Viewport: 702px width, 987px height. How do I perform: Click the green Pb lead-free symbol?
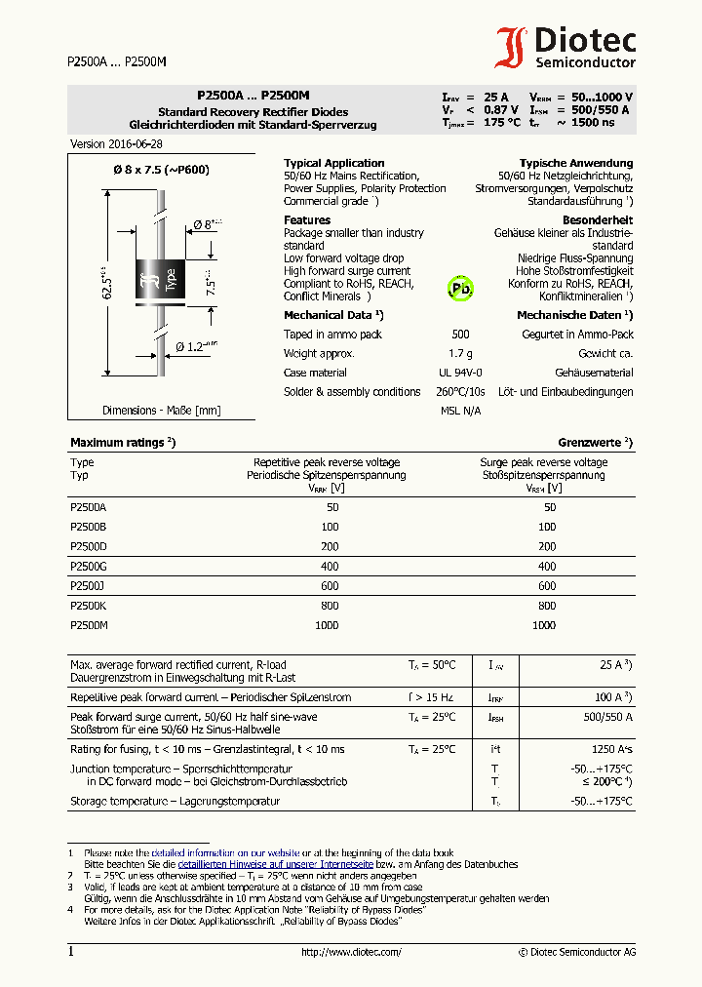(x=459, y=289)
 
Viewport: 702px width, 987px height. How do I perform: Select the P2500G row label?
(x=89, y=566)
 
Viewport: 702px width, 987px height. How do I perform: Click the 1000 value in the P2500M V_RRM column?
(x=327, y=624)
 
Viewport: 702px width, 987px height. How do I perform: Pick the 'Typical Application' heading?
(x=333, y=163)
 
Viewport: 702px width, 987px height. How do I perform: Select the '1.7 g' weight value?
(x=460, y=353)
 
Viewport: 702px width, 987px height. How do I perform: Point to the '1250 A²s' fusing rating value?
(x=611, y=749)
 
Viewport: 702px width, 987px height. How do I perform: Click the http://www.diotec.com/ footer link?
(x=351, y=952)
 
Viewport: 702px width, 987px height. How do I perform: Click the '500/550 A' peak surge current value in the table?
(x=607, y=717)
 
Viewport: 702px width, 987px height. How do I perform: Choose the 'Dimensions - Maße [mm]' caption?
(x=162, y=411)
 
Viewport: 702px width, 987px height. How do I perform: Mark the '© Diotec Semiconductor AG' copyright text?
(x=577, y=952)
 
